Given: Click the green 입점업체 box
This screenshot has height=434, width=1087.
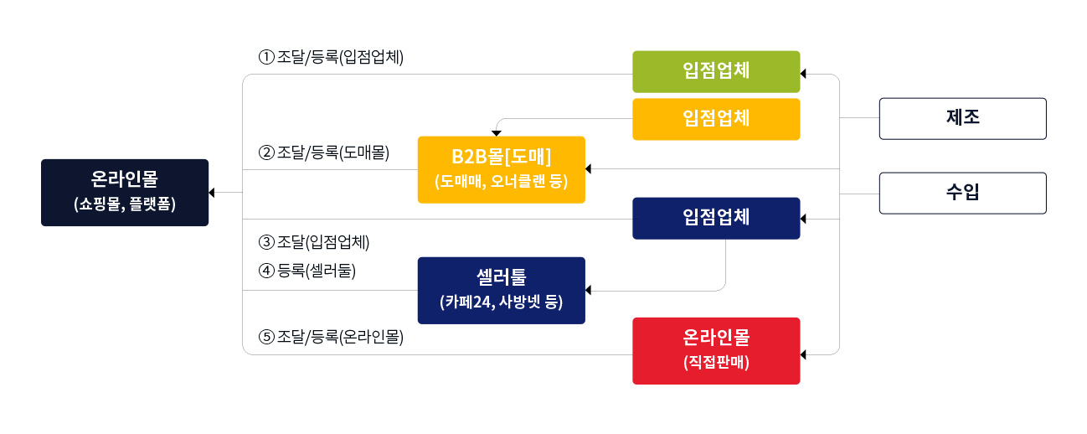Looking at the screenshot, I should [x=716, y=71].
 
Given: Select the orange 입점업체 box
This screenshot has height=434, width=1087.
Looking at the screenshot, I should [x=716, y=119].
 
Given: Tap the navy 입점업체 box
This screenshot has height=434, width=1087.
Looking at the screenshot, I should [x=716, y=218].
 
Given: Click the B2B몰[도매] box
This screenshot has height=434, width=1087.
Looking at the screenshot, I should [x=501, y=169].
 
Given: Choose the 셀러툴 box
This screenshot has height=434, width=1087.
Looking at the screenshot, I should [x=501, y=290].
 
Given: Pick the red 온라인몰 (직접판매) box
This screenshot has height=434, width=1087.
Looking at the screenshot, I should [x=716, y=350].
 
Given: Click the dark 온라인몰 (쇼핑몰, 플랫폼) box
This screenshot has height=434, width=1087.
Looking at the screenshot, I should [x=125, y=193].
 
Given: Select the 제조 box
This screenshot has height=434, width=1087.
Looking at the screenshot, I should [x=962, y=118].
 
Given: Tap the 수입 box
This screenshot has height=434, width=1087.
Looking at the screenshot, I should [x=962, y=193].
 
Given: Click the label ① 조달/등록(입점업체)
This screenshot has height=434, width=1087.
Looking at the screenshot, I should [x=332, y=58].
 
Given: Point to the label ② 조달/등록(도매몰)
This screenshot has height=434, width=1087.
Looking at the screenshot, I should [x=324, y=152].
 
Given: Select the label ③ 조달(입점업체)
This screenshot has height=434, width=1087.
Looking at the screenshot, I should [x=314, y=243].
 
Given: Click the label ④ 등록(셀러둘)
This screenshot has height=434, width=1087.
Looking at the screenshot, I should [x=307, y=271].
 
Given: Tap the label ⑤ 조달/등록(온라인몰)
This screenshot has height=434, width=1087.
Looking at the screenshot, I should [x=332, y=337].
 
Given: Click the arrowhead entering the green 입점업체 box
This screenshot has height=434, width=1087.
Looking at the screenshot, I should [x=804, y=75].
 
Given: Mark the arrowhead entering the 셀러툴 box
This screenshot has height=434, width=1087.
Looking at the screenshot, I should [x=590, y=291].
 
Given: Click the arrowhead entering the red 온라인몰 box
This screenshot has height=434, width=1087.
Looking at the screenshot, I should [x=804, y=355].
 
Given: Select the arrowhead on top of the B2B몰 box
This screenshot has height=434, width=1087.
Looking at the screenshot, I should [x=496, y=132].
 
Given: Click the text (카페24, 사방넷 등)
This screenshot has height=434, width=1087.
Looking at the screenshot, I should [x=501, y=302].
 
